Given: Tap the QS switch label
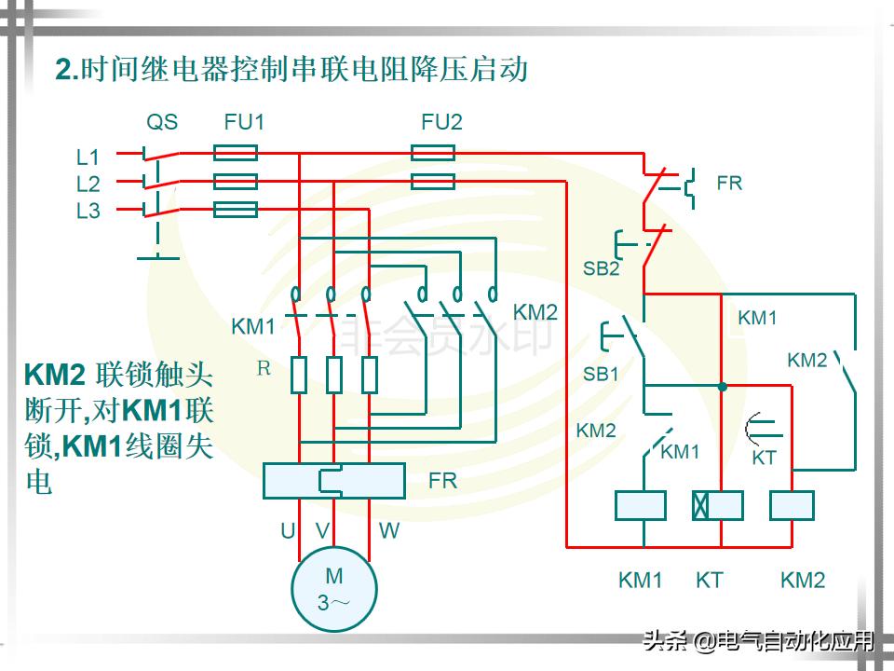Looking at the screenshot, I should pos(162,122).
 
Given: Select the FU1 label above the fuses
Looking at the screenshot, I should pos(244,122).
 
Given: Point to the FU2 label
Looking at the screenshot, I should pos(441,122).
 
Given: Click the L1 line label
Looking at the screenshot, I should pos(88,157).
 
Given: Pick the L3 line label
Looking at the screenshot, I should pos(88,211).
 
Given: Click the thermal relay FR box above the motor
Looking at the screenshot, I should pos(333,480).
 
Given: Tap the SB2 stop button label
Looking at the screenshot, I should pos(601,268).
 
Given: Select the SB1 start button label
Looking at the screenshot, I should pos(601,374).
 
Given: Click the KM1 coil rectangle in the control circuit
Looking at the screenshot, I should pos(641,505).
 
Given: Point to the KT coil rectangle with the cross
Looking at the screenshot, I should pos(717,505).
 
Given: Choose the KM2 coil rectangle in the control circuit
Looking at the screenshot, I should pos(792,505).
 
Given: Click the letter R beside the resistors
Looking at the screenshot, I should pos(264,368).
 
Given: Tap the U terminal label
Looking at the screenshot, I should pos(288,531).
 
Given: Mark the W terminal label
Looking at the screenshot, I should pos(389,531).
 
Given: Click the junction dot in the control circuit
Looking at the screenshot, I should pos(722,385).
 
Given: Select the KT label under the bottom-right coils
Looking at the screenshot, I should pos(709,581).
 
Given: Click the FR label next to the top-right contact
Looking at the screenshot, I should pos(729,184).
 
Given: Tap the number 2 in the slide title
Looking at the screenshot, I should pos(63,70).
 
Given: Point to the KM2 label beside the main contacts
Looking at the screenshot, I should pos(535,311).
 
